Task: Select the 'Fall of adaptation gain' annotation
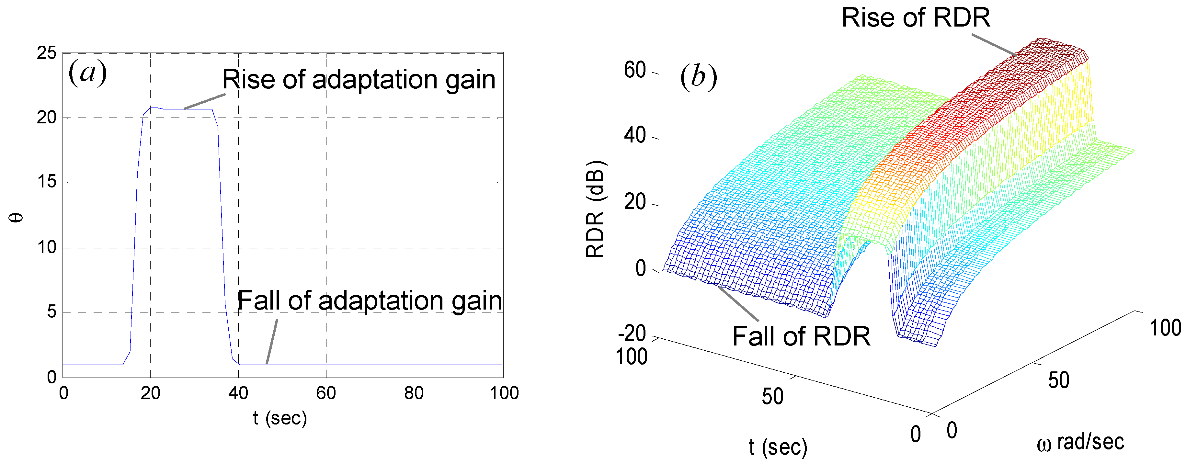coord(369,301)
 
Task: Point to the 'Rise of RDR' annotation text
coord(915,17)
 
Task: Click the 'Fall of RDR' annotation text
coord(801,336)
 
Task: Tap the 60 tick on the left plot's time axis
coord(326,393)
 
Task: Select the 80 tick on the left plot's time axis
coord(414,393)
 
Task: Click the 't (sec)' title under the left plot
coord(279,418)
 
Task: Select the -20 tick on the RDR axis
coord(632,334)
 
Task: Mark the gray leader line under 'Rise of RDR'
coord(995,45)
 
